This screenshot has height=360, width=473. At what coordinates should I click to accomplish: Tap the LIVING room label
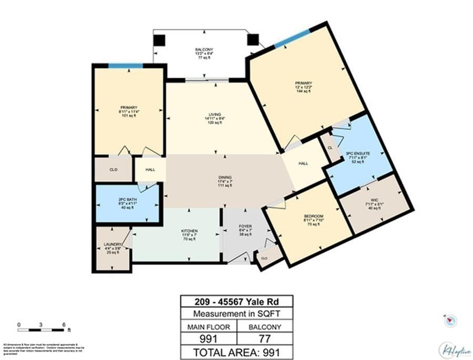[214, 115]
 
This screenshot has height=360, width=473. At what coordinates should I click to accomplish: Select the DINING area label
[226, 178]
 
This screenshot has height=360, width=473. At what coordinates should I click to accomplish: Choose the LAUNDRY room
[112, 245]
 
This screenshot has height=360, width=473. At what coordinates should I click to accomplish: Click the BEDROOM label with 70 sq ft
[313, 217]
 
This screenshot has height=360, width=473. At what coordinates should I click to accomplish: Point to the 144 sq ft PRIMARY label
[303, 83]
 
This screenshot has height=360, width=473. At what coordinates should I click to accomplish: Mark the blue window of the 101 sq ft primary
[126, 66]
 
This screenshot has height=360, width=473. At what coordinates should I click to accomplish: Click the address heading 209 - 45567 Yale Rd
[236, 302]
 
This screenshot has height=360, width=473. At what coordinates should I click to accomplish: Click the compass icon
[450, 320]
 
